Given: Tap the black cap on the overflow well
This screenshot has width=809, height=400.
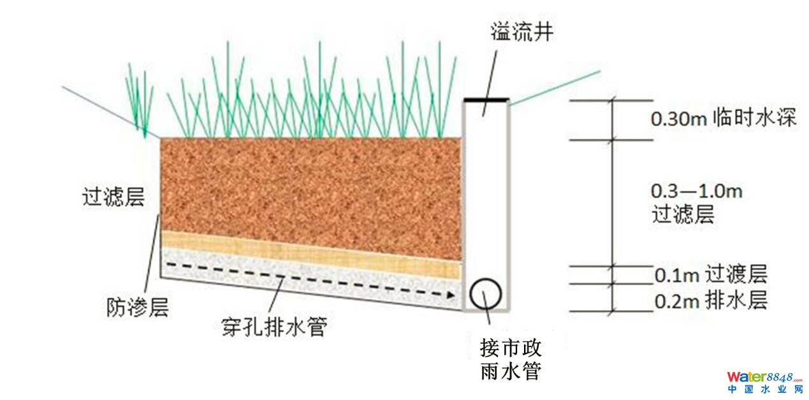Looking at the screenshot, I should [x=486, y=100].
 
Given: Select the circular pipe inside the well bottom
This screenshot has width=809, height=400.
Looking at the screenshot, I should [x=486, y=293].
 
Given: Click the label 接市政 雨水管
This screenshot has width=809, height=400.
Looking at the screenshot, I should [x=511, y=359].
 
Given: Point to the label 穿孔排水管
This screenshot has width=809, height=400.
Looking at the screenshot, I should [x=271, y=328].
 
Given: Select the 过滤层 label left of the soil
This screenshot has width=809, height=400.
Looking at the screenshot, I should [x=113, y=197].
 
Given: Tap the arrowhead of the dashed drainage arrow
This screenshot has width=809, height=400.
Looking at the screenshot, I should [x=452, y=295].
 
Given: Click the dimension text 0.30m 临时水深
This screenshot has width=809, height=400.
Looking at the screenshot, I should [x=724, y=119].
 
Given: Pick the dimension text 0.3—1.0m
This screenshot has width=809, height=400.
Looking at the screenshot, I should [x=696, y=191].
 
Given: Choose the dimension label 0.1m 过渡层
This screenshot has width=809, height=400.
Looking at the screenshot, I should [x=711, y=275].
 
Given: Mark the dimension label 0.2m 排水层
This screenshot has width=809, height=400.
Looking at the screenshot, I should [x=711, y=300].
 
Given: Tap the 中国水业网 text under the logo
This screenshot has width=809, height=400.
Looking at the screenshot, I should [x=765, y=389].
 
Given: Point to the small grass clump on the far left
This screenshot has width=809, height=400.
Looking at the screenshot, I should [x=140, y=99].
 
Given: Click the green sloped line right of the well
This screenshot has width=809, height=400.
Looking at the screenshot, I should [x=555, y=86].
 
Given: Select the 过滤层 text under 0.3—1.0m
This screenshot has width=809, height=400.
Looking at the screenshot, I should [x=682, y=215].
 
